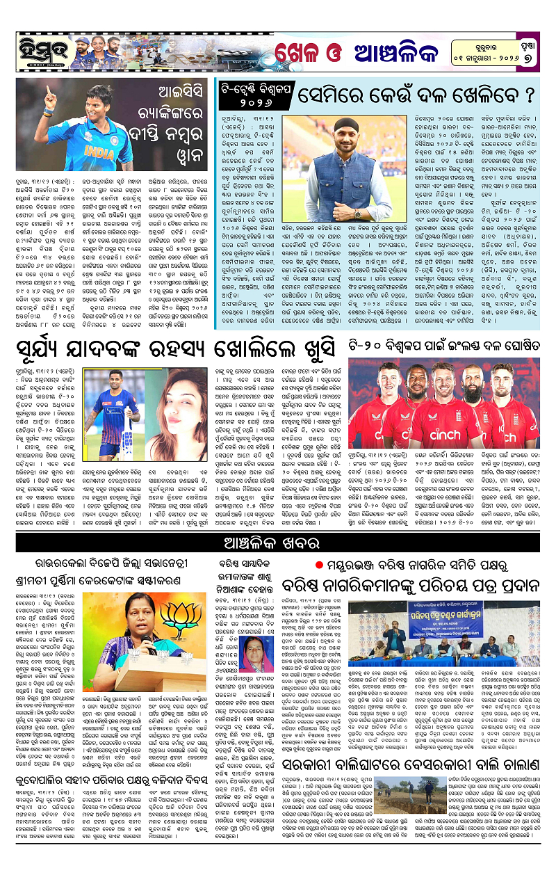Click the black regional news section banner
(278, 543)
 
